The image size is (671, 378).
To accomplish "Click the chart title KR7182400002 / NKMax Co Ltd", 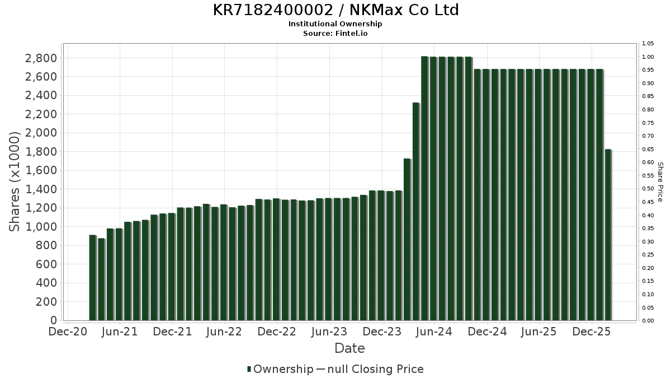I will [x=335, y=10].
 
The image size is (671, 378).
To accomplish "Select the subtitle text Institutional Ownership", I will [x=335, y=24].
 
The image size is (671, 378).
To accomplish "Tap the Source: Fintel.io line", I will [x=335, y=33].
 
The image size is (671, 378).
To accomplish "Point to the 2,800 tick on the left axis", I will [x=41, y=58].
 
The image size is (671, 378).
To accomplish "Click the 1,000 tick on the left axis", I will [x=41, y=227].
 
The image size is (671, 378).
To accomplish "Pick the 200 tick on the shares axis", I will [x=47, y=302].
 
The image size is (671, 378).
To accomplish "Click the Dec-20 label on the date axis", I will [x=68, y=332].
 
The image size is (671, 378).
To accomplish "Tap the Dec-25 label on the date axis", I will [x=592, y=332].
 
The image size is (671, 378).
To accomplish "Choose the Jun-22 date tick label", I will [x=224, y=332].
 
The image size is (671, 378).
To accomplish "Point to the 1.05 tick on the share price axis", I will [x=648, y=44].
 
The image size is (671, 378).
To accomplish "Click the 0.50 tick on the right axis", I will [x=648, y=189].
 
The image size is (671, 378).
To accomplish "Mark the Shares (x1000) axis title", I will [x=15, y=181].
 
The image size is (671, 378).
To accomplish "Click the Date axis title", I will [x=349, y=348].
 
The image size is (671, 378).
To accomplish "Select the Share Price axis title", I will [x=660, y=182].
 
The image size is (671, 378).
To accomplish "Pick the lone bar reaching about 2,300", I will [x=415, y=212].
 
